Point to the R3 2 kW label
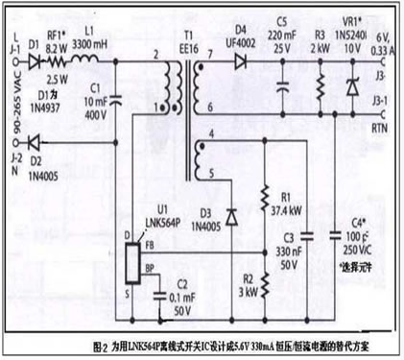point(321,38)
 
